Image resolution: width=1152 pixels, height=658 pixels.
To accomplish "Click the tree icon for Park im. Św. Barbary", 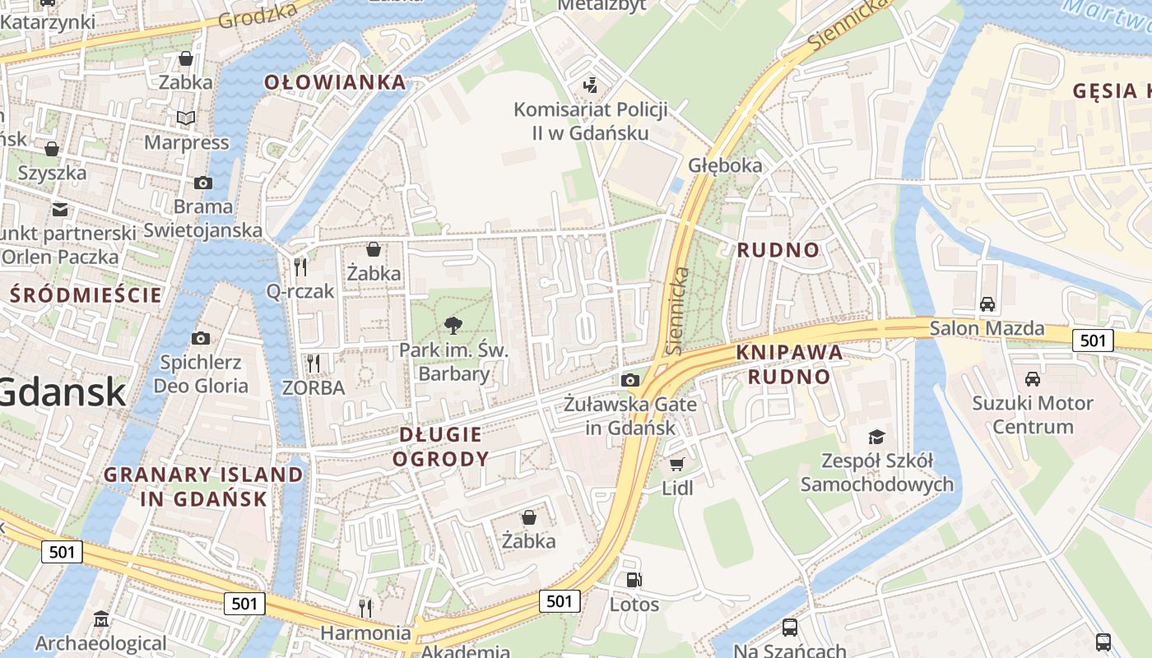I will pos(453,326).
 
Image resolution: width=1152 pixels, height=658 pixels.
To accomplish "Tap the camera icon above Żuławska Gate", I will pos(630,379).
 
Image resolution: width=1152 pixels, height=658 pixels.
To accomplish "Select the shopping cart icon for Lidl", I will pos(677,464).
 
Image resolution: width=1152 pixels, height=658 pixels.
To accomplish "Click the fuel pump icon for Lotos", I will pos(634,580).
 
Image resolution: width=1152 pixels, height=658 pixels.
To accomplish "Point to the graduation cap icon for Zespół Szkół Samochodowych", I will pos(877,437).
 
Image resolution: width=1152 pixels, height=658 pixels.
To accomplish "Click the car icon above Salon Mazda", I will pos(987,304).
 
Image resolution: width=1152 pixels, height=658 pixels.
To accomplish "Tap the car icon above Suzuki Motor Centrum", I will pos(1032,378).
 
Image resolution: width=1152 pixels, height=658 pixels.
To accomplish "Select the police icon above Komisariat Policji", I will pos(589,84).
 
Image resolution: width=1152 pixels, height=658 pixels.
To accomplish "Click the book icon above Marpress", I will pos(186,118).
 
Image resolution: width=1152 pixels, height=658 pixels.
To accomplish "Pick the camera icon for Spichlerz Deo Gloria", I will pos(200,338).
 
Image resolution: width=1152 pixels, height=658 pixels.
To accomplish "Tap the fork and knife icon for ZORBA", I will pos(313,363).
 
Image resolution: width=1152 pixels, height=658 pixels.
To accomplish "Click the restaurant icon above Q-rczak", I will pos(300,266).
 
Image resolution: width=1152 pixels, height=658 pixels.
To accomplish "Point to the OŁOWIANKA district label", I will pos(335,82).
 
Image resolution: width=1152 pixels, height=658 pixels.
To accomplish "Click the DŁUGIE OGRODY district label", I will pos(440,447).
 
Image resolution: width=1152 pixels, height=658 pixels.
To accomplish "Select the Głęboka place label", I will pos(725,165).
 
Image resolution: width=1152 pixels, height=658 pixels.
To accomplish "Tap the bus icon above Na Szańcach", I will pos(789,628).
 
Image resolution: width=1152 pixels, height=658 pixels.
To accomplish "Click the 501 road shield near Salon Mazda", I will pos(1093,340).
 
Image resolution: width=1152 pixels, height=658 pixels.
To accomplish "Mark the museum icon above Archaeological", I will pos(101,619).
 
